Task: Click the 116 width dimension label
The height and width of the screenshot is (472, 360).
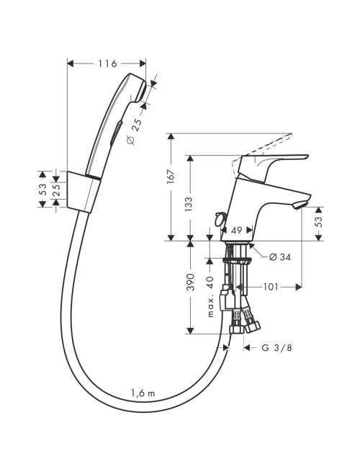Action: pos(107,63)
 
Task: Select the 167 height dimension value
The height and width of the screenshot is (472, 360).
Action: pos(171,177)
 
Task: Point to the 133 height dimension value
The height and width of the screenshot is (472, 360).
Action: pos(188,204)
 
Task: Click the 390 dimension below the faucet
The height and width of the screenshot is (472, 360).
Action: pos(190,282)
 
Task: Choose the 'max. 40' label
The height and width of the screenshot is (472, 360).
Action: pos(210,297)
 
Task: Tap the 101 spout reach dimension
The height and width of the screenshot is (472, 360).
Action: pos(271,287)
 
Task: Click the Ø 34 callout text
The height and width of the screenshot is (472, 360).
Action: pos(279,257)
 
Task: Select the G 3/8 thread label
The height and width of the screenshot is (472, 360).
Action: pos(276,347)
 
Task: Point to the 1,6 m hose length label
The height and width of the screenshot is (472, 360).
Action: pos(143,393)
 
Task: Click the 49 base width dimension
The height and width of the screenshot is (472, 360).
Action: pos(237,231)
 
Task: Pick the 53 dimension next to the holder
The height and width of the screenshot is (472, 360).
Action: pos(44,190)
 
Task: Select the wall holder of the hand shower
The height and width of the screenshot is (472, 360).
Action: pos(83,192)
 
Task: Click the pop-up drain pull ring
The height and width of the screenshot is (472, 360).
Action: pos(219,219)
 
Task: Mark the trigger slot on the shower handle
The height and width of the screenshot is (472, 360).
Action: pos(117,133)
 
